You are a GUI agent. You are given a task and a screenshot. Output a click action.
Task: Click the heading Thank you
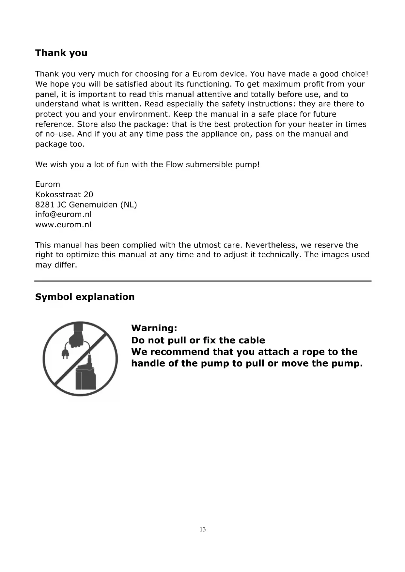coord(61,53)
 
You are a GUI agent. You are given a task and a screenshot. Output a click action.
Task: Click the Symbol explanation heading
coord(85,297)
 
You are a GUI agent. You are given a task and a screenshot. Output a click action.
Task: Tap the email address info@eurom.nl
coord(63,215)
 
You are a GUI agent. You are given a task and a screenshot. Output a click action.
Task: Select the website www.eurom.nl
coord(63,225)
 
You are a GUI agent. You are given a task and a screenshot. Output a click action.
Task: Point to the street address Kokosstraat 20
coord(64,195)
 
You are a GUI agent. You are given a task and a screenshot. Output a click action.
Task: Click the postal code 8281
coord(45,205)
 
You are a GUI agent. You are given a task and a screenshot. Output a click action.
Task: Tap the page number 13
coord(203,529)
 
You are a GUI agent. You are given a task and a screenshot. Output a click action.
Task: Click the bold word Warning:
coord(154,328)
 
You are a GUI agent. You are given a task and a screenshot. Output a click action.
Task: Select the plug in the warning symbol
coord(65,353)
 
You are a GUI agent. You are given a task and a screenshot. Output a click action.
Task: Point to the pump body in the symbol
coord(86,377)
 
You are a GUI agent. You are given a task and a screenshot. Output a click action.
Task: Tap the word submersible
coord(209,164)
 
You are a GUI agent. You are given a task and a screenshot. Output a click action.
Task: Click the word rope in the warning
coord(313,352)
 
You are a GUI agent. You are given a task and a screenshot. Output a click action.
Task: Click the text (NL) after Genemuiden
coord(129,205)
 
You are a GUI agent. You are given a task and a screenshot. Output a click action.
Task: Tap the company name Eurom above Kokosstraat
coord(48,185)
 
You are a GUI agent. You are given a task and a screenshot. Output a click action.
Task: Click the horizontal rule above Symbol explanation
coord(203,281)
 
